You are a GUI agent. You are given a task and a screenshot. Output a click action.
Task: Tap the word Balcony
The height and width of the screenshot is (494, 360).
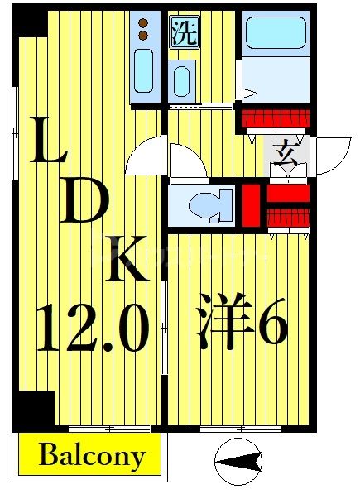92,455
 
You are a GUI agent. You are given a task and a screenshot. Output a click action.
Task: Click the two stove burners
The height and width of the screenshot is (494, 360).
143,29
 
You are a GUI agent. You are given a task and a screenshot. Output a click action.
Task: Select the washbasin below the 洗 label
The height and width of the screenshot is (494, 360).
182,81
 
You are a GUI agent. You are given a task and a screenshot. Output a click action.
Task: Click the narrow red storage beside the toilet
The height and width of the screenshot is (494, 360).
251,204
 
